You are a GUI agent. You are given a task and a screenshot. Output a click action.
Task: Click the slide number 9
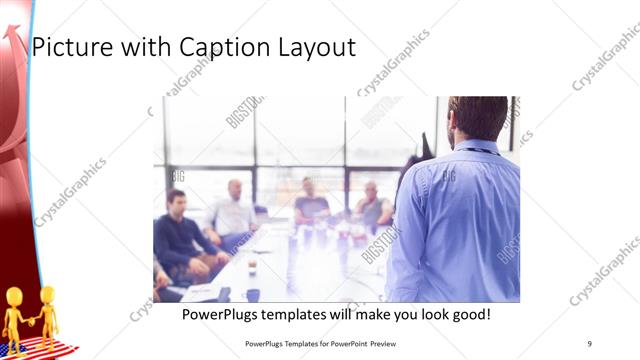590,344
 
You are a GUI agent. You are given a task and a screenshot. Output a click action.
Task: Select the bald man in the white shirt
234,210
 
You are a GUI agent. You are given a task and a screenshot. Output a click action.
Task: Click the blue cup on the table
252,295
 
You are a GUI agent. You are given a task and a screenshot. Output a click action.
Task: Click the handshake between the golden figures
30,320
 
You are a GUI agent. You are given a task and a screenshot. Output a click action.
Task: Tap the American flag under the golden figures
40,349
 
